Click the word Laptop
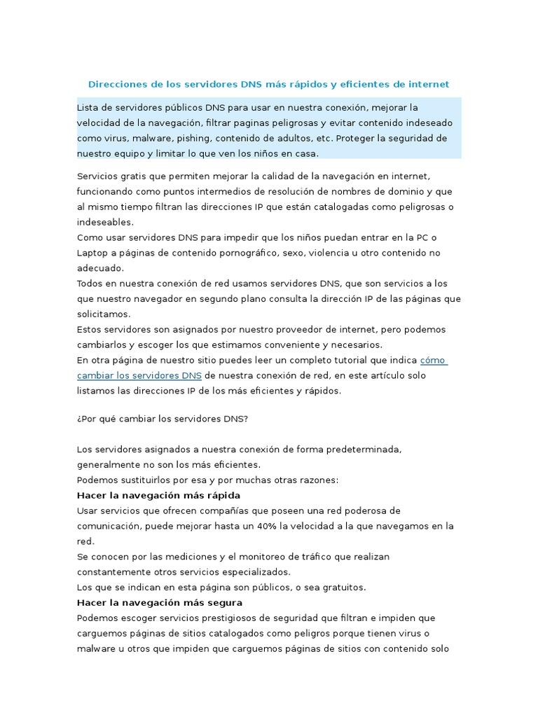92,253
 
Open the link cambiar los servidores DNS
139,375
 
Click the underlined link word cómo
433,360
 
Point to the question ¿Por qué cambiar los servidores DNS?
162,418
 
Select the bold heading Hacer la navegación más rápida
158,495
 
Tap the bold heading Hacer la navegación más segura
160,602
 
